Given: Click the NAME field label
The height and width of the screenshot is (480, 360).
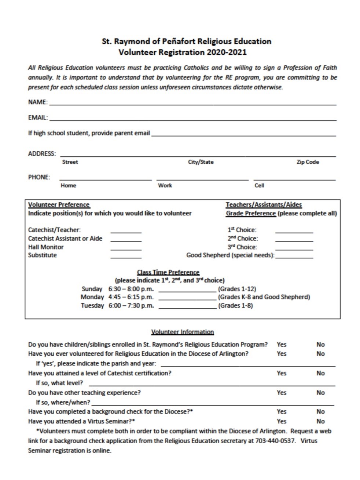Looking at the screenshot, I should [x=37, y=102].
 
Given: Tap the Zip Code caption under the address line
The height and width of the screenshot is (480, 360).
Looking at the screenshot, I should [x=307, y=162].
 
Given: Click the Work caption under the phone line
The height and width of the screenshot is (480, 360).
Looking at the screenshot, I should [x=165, y=185].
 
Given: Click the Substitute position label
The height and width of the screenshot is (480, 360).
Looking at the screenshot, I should [x=43, y=255].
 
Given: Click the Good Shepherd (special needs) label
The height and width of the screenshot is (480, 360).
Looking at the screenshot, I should [x=230, y=255].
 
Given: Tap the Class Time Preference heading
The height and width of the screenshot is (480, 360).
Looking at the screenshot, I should [x=168, y=272].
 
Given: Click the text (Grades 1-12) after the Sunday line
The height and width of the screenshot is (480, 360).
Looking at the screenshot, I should [x=237, y=289].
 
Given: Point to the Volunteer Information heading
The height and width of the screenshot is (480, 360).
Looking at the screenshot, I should [x=182, y=332].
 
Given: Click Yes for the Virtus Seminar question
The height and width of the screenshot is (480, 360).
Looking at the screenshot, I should [x=282, y=421].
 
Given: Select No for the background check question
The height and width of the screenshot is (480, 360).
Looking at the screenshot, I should [x=320, y=412].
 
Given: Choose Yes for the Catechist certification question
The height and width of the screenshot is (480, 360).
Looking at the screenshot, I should [x=282, y=373].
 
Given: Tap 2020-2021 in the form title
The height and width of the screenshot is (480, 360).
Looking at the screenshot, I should [x=227, y=52].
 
